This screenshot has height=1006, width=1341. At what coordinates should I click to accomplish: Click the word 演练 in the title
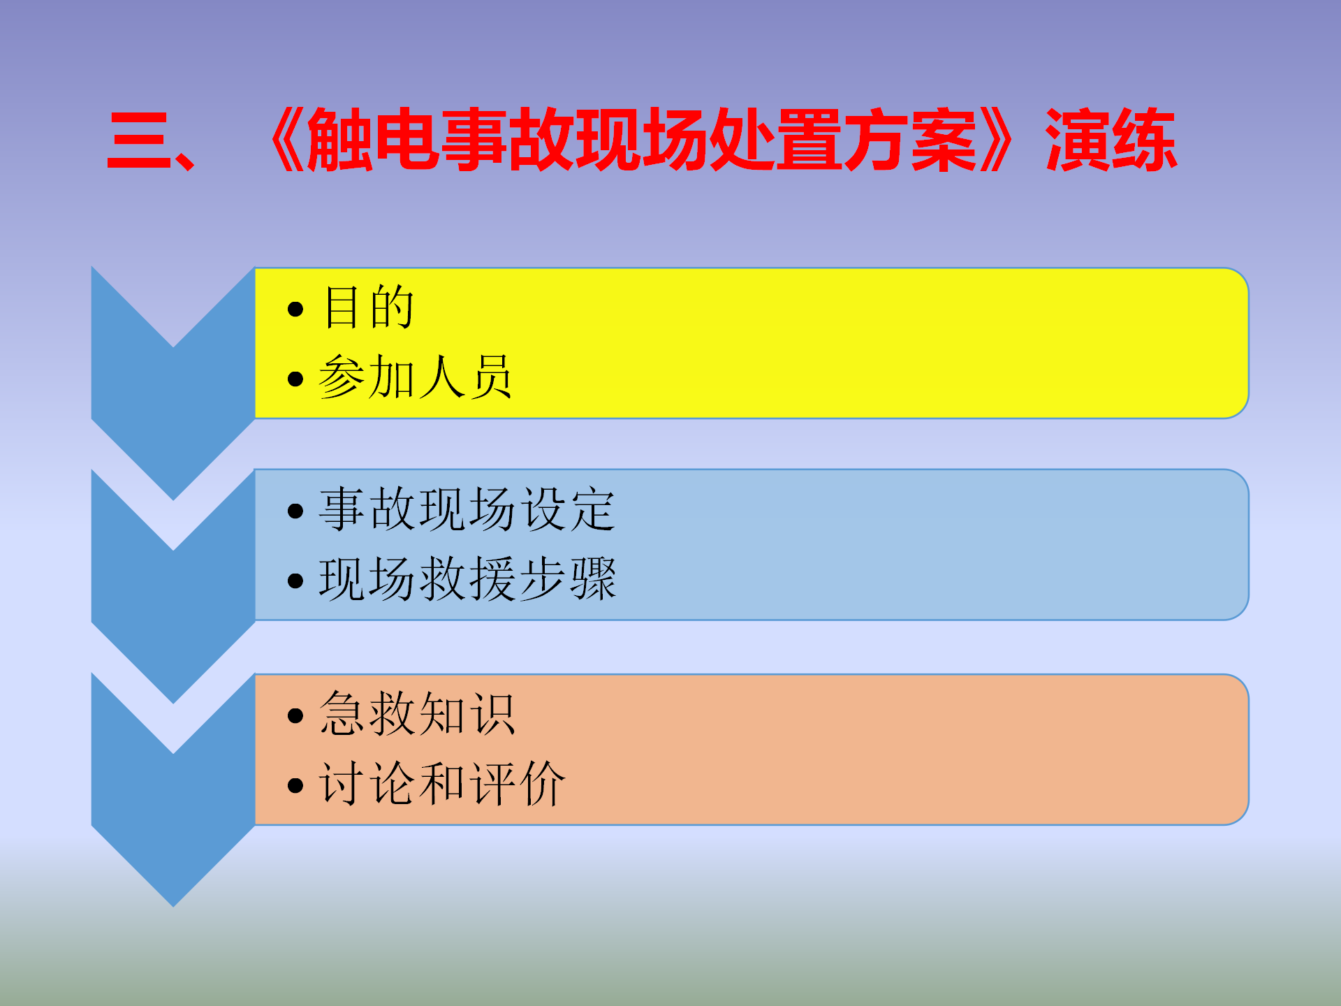1111,140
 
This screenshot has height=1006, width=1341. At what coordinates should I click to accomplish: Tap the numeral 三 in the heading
140,141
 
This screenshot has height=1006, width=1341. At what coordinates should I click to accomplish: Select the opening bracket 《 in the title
286,140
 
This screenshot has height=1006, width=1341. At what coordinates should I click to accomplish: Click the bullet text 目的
369,307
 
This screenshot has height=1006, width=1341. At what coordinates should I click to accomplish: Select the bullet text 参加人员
416,377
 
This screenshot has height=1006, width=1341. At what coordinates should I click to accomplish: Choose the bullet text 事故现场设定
467,509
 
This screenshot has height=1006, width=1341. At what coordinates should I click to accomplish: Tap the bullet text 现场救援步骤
467,578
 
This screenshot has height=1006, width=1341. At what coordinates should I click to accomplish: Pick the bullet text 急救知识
417,713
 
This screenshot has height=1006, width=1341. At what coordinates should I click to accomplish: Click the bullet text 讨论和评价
442,783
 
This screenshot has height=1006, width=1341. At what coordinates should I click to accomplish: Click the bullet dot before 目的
295,309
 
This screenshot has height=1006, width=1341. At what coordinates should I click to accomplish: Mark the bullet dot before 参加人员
295,379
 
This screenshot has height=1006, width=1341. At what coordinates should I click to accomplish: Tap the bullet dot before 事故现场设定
295,511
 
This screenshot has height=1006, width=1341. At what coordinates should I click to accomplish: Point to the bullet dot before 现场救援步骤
295,581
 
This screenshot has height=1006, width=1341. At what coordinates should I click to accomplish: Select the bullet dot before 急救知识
295,715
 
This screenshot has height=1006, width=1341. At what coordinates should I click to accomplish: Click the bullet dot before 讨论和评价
295,785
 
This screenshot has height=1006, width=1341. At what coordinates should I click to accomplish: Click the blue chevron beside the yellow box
173,419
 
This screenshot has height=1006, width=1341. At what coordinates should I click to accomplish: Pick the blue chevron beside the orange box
173,824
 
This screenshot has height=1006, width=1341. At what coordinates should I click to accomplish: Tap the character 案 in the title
944,140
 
